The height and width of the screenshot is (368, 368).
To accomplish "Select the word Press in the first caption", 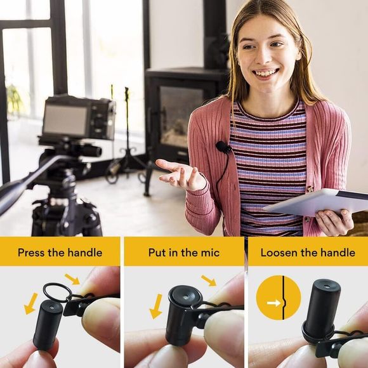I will (x=32, y=253).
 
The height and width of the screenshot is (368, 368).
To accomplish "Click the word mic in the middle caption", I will (x=210, y=253).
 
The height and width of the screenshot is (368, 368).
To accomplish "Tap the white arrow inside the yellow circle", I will (x=273, y=303).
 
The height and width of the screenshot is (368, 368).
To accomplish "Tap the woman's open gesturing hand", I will (x=180, y=173).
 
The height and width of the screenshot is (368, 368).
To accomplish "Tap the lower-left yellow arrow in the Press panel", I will (x=30, y=303).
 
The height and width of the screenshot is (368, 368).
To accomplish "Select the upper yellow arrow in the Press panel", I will (x=72, y=279).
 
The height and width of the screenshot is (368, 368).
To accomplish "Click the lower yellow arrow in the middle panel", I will (x=155, y=305).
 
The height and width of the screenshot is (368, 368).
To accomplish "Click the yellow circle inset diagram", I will (x=278, y=297).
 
